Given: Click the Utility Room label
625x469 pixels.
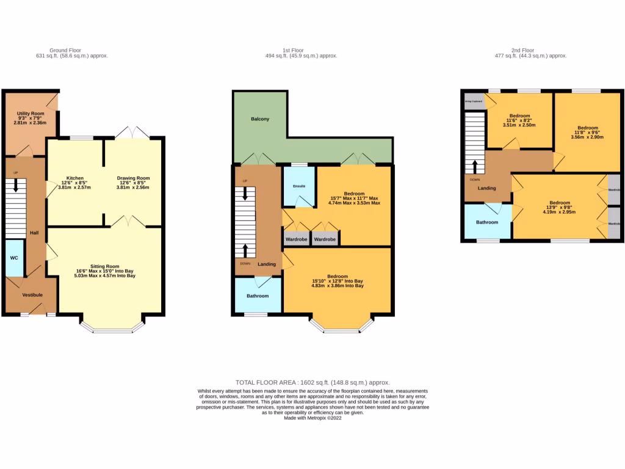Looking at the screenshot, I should tap(29, 114).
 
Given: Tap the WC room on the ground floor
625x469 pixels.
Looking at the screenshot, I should tap(14, 258).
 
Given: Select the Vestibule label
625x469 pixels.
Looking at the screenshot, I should tap(32, 295).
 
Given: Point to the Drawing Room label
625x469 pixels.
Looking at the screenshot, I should tap(133, 178).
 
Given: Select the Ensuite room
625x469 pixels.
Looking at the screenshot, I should tap(298, 186).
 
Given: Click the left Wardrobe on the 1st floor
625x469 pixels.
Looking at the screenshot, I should tap(296, 239).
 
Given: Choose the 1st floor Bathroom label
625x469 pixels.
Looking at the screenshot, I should tap(257, 296).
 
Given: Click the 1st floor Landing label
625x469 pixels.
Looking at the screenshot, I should tap(266, 264).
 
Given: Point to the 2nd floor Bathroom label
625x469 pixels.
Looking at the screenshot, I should tap(487, 222).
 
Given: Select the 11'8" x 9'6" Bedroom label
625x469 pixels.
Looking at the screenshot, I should tap(587, 128).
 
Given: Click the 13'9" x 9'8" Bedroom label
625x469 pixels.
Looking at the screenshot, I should tap(559, 203).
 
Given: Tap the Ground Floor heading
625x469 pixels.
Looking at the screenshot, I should tap(65, 51).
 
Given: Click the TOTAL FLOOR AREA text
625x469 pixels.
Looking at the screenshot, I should tap(312, 382).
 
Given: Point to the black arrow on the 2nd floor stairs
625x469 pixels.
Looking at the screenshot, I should tap(475, 166).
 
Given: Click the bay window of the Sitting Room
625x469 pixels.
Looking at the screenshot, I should tap(113, 329).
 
